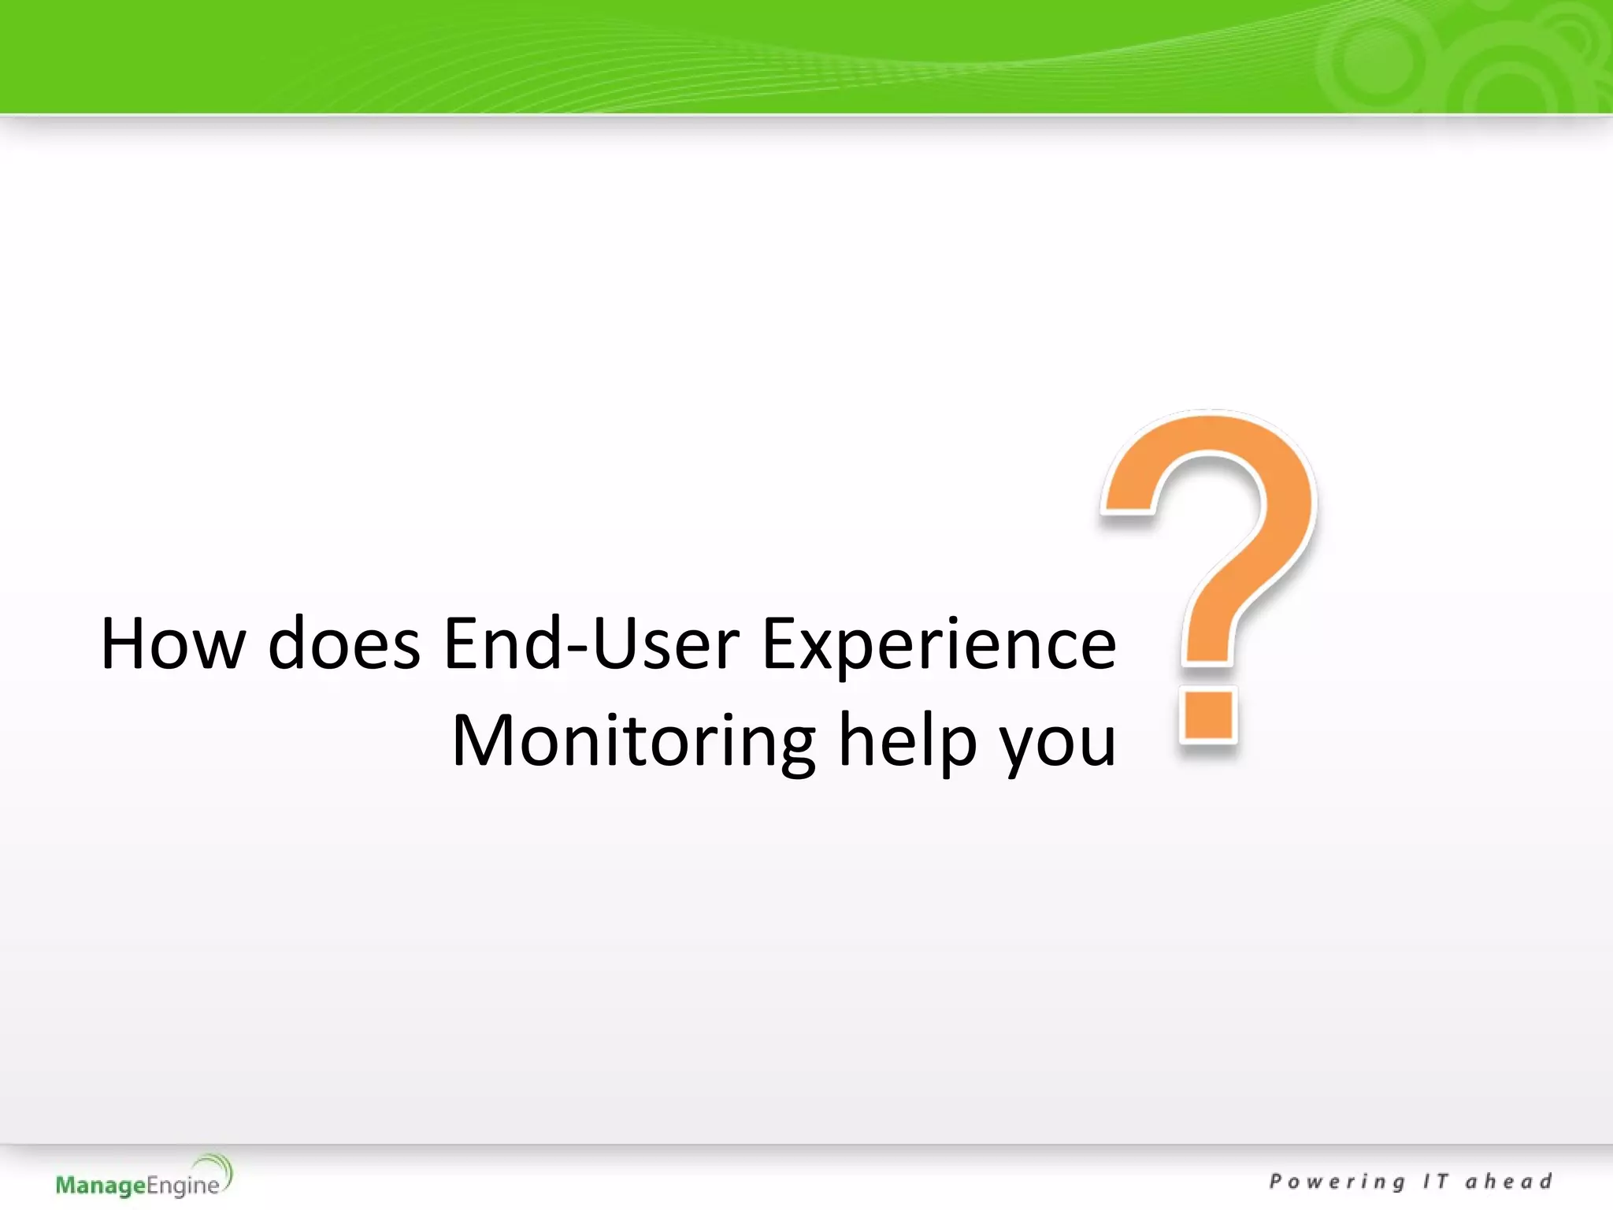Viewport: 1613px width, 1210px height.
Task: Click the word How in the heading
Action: [x=172, y=644]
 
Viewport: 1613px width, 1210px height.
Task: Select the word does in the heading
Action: [x=344, y=644]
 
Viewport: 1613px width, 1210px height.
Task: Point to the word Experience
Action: [x=939, y=644]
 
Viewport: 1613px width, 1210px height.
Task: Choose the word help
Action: [x=907, y=741]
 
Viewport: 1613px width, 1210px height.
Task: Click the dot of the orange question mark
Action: [x=1207, y=715]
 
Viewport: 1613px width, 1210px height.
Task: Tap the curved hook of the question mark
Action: [x=1244, y=504]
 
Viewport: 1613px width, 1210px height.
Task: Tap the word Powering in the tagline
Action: [x=1337, y=1182]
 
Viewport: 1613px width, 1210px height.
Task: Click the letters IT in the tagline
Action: [x=1435, y=1182]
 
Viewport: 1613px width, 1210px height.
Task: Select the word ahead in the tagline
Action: [x=1508, y=1182]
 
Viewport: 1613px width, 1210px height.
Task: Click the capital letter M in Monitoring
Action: [x=481, y=741]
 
